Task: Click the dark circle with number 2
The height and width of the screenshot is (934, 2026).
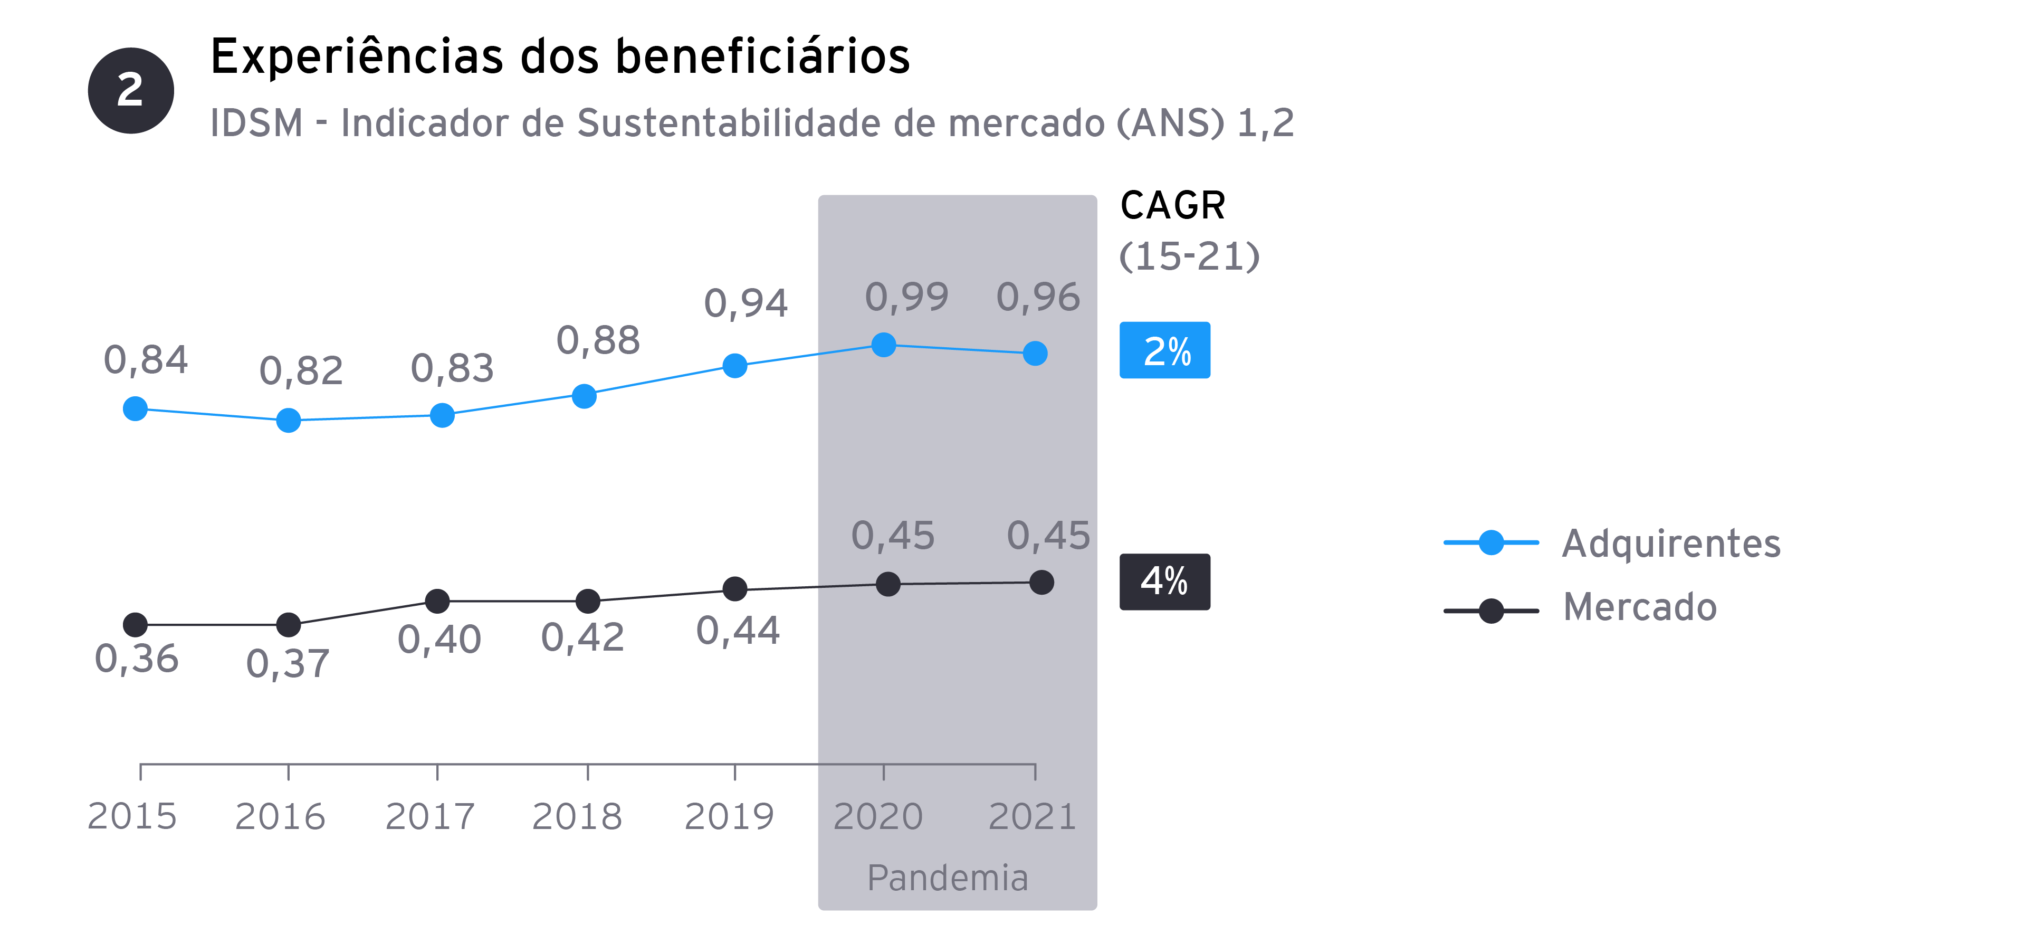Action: tap(130, 90)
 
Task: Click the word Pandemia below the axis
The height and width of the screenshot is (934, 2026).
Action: tap(947, 878)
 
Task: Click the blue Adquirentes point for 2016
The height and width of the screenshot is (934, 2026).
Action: tap(289, 420)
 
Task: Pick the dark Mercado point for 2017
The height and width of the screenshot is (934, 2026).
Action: tap(437, 601)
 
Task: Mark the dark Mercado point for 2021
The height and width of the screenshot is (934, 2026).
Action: tap(1041, 582)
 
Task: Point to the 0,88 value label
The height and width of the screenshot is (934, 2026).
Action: tap(598, 341)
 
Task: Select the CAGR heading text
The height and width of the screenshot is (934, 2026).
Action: tap(1172, 206)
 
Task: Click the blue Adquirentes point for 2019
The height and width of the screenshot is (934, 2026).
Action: tap(734, 366)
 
